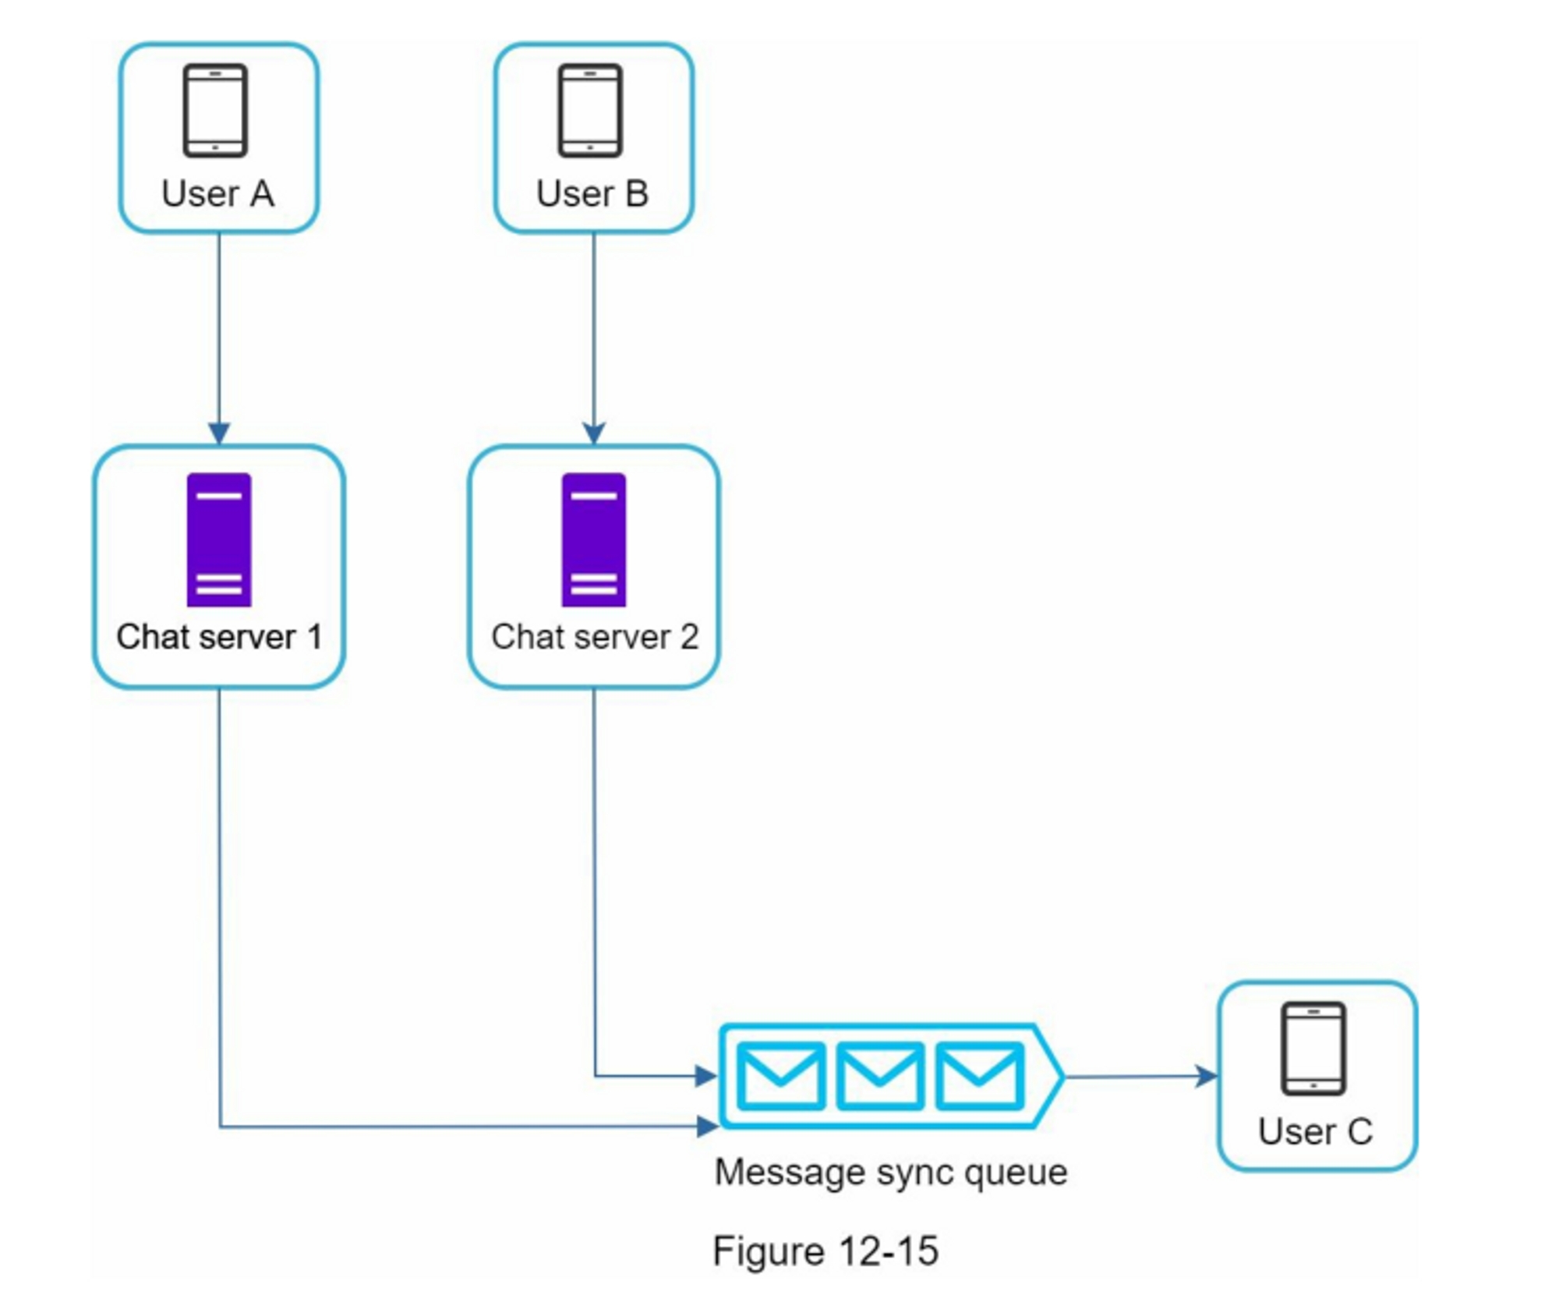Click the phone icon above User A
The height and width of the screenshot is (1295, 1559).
(215, 111)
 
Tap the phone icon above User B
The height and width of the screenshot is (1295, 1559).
(590, 111)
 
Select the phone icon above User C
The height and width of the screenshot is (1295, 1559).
(1313, 1048)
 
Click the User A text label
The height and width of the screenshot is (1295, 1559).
(217, 193)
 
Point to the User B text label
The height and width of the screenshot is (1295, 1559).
(592, 193)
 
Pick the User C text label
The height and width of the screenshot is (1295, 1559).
(1315, 1131)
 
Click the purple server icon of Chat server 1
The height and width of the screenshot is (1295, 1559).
(219, 540)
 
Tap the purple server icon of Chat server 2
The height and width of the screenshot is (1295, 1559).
(594, 540)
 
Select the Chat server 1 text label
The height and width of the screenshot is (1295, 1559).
(219, 637)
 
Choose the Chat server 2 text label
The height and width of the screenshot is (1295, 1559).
(595, 637)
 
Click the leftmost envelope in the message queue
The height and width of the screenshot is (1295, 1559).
(781, 1076)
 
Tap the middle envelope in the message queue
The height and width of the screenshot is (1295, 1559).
(880, 1076)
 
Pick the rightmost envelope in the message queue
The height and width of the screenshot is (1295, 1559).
(979, 1076)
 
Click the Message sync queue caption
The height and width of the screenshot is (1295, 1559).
(891, 1172)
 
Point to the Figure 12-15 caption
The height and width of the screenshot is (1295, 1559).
(825, 1251)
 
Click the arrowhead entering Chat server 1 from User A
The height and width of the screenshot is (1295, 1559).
(219, 433)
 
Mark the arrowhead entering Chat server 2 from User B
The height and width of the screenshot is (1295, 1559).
(594, 433)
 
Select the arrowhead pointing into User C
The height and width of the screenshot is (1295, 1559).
(1207, 1077)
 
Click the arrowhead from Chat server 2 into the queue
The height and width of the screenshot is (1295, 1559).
(706, 1077)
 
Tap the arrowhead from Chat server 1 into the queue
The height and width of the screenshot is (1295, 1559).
(707, 1126)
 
